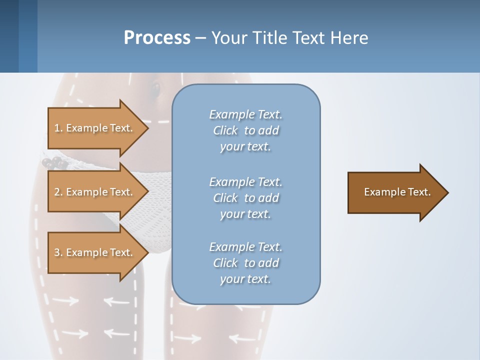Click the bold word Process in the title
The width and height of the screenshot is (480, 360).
[x=157, y=38]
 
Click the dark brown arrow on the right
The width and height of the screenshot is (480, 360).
[x=397, y=192]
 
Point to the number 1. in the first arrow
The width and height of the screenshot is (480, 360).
[x=58, y=128]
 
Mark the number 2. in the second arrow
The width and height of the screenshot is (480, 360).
[x=58, y=192]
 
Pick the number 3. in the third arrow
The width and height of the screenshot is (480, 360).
[x=58, y=252]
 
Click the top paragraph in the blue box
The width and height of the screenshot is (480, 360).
[x=245, y=130]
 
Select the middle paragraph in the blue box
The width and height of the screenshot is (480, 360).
[x=245, y=198]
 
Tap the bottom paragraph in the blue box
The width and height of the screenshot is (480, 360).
[x=245, y=263]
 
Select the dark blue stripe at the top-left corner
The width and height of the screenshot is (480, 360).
[x=9, y=36]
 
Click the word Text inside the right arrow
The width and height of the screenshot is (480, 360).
[x=419, y=192]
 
